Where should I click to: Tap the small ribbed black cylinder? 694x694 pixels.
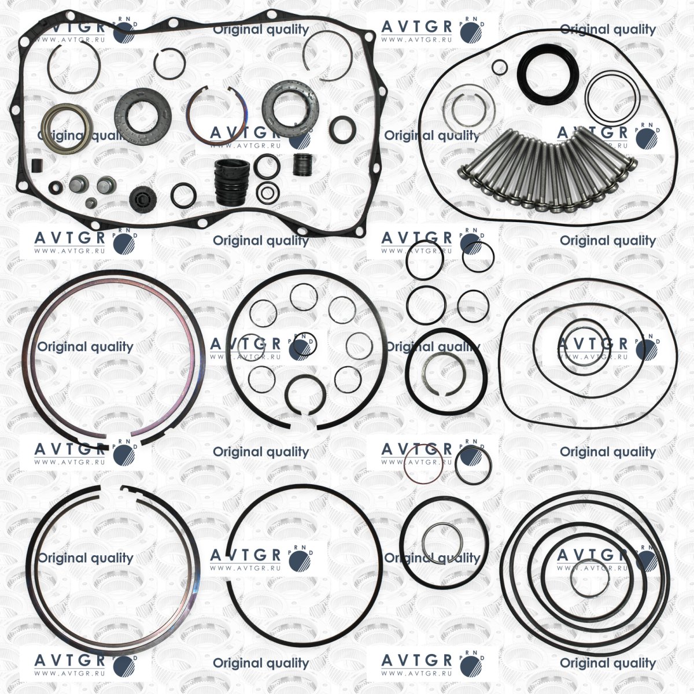point(302,165)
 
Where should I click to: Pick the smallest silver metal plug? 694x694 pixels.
point(91,203)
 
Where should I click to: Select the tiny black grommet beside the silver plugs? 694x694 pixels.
point(56,187)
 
